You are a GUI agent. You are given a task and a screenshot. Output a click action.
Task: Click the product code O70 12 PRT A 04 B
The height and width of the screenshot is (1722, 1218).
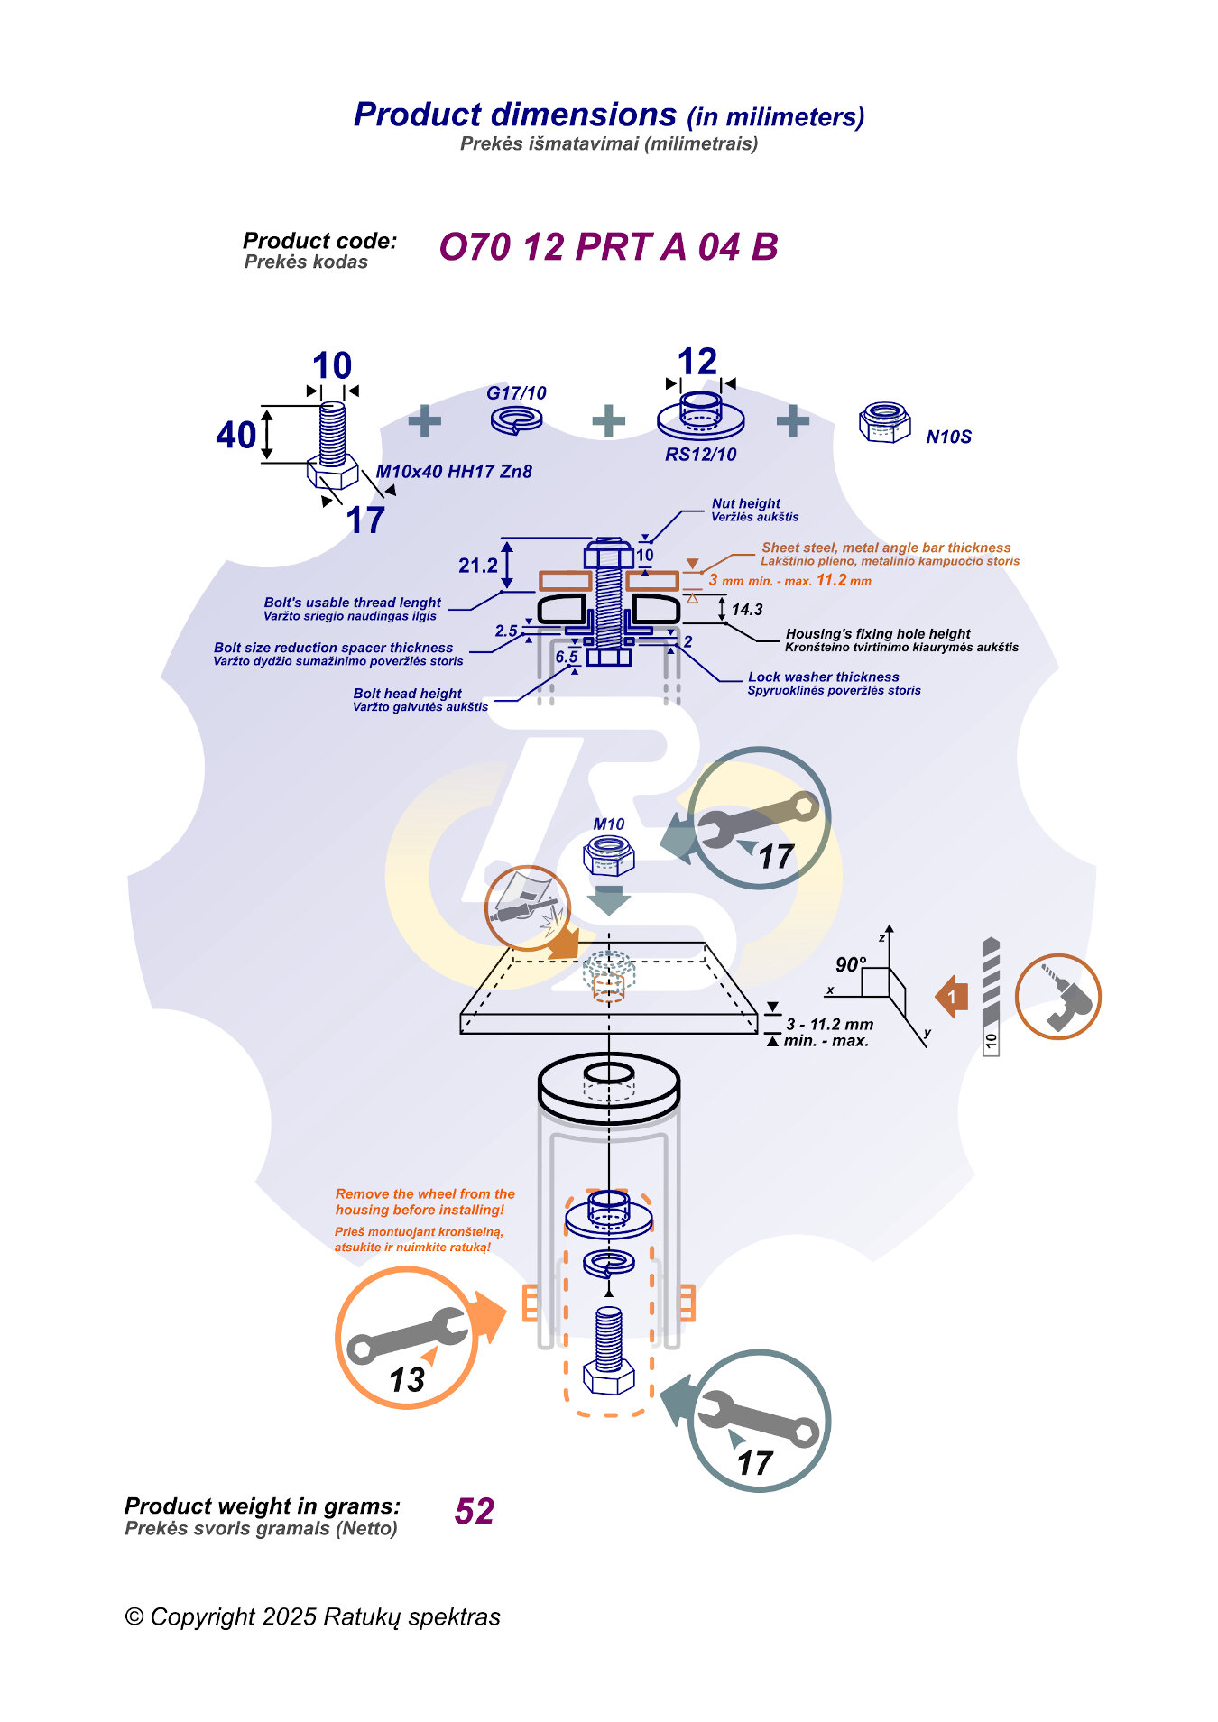608,247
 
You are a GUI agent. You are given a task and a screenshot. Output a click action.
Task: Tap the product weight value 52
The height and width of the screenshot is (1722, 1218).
475,1511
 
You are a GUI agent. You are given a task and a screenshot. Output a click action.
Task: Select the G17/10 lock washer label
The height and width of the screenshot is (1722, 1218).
516,393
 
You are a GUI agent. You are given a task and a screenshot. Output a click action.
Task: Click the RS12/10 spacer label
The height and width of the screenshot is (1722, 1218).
700,455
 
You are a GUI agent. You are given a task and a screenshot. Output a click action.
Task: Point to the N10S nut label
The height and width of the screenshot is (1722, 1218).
948,437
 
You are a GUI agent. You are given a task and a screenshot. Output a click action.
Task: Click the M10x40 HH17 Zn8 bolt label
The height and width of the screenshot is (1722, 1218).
454,472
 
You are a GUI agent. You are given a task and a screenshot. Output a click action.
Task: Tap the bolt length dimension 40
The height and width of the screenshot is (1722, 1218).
235,436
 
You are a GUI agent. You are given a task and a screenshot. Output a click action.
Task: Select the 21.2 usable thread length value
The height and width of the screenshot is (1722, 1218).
477,566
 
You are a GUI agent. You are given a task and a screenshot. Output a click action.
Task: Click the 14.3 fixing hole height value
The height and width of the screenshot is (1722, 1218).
747,610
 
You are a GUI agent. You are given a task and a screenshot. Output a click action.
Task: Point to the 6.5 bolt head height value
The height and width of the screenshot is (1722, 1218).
567,657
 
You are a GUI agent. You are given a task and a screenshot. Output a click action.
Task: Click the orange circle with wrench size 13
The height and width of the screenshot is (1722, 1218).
407,1338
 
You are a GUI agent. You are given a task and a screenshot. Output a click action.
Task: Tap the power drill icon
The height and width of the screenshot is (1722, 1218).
1057,997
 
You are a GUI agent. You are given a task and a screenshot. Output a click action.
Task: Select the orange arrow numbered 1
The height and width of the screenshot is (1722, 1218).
952,997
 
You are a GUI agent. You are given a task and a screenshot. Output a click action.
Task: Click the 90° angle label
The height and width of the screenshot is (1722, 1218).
850,964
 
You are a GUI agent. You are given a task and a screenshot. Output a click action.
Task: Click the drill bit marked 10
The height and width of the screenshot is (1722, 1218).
991,996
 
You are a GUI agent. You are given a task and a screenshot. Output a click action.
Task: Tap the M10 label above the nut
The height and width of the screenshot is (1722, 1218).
609,824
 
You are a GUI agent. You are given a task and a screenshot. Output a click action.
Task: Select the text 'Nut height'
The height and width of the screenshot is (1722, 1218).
745,503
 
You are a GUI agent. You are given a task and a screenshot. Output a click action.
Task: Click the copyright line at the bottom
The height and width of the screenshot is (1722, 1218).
312,1616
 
